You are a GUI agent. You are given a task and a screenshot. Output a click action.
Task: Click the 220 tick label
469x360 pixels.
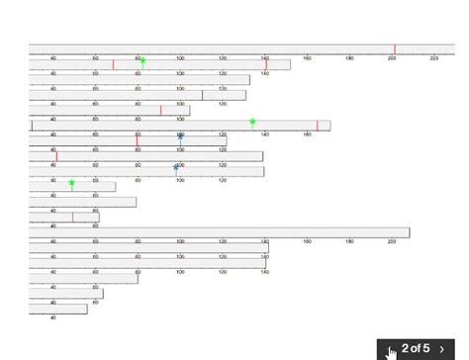click(x=434, y=58)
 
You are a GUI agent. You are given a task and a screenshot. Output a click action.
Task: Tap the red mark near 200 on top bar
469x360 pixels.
click(x=395, y=49)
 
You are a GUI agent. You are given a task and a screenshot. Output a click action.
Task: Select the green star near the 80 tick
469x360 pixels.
click(x=142, y=61)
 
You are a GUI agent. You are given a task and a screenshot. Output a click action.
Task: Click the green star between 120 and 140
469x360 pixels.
click(x=252, y=123)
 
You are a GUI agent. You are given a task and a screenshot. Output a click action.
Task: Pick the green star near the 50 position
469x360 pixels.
click(x=72, y=183)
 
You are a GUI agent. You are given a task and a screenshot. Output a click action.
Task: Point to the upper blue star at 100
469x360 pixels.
click(x=180, y=137)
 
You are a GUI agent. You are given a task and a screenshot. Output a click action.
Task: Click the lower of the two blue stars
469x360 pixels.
click(x=176, y=167)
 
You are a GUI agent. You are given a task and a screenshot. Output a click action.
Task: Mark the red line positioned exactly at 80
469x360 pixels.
click(x=138, y=140)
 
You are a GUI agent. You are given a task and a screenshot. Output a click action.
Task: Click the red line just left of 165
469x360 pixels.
click(x=317, y=126)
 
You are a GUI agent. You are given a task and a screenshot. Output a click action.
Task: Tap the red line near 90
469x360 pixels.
click(x=161, y=110)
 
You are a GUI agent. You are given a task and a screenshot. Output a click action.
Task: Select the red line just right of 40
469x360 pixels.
click(x=56, y=156)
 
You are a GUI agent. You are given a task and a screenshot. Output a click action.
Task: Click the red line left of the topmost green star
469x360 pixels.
click(x=113, y=65)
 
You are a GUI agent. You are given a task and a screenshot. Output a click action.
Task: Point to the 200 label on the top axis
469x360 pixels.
click(x=392, y=58)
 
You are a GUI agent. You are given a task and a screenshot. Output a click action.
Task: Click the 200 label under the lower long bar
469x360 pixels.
click(x=392, y=241)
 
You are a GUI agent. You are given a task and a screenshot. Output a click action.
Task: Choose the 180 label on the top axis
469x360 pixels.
click(x=349, y=58)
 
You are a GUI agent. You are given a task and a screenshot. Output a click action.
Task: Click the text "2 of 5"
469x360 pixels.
click(x=416, y=348)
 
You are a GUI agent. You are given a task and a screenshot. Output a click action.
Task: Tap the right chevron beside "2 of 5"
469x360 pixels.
click(x=441, y=348)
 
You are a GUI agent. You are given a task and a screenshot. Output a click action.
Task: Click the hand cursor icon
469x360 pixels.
click(x=392, y=349)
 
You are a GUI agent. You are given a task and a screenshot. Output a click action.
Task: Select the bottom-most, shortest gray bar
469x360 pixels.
click(x=58, y=310)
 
